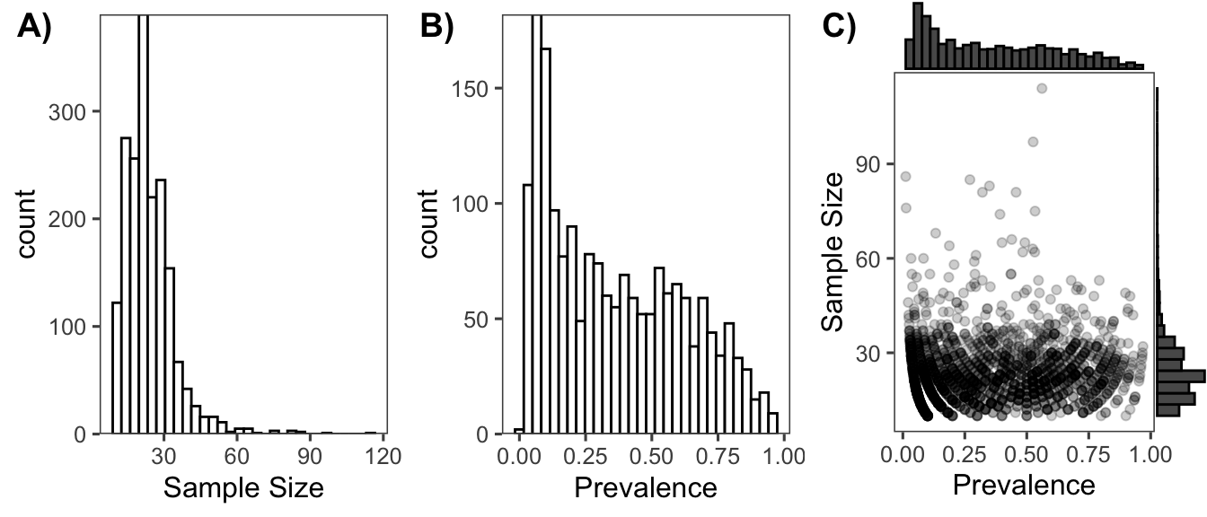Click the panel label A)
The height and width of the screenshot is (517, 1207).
35,29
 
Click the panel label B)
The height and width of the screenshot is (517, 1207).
437,29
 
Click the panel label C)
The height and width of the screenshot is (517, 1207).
840,29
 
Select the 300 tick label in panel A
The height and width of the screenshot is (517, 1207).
75,112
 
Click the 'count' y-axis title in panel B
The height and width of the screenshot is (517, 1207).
429,223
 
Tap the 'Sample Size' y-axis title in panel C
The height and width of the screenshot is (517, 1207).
833,251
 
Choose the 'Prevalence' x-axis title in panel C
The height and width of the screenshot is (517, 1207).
1024,486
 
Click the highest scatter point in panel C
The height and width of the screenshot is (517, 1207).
1042,88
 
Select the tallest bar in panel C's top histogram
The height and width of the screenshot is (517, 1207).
918,36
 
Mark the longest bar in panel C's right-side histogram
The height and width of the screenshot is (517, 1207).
1179,374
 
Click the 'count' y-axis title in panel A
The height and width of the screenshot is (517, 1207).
28,223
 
